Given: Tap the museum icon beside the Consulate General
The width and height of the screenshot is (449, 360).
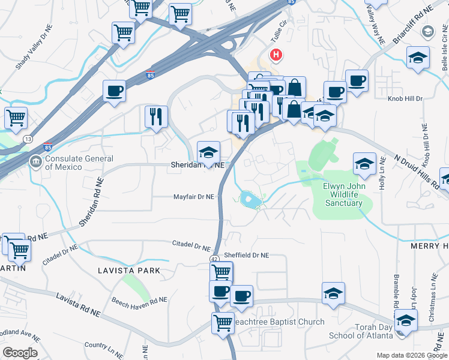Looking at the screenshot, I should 36,161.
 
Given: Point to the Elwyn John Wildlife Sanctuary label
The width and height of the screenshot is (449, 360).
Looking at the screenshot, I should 344,194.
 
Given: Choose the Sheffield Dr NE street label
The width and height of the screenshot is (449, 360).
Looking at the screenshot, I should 247,255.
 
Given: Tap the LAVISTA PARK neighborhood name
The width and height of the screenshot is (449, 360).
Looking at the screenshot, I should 129,271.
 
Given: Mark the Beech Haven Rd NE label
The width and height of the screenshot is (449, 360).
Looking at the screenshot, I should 140,299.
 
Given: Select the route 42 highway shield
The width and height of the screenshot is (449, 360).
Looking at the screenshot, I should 214,258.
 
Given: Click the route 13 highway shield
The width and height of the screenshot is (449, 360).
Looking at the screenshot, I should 28,139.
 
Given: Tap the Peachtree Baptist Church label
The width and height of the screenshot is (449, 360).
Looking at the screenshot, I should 279,322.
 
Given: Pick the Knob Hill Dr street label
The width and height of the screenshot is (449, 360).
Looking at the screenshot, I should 406,98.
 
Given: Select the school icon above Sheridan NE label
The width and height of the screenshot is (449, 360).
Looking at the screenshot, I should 209,152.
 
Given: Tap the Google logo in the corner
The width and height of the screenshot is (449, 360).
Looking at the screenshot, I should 20,353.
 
